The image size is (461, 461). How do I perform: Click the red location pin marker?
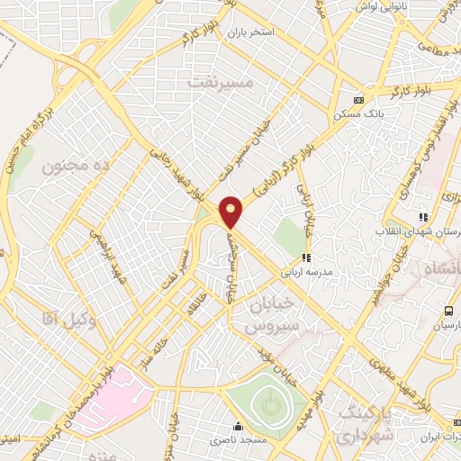232,212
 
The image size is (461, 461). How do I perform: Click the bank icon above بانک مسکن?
359,100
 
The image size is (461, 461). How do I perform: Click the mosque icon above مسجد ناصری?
238,427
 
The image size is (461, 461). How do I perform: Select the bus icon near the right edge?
447,311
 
